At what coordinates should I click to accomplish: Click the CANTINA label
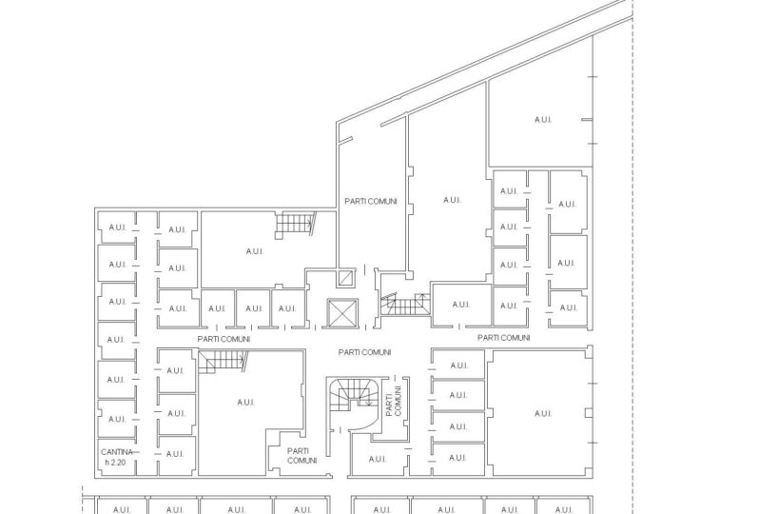coord(117,452)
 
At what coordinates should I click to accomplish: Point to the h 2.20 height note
coord(116,463)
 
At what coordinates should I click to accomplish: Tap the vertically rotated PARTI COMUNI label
coord(394,401)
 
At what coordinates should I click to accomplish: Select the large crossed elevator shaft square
coord(342,313)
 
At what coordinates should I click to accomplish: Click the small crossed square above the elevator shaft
coord(346,278)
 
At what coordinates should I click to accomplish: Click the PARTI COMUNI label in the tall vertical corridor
coord(371,201)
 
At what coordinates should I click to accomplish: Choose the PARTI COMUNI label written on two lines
coord(301,456)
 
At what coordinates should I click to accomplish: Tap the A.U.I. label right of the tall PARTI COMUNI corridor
coord(452,200)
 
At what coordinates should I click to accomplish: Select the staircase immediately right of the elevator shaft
coord(405,304)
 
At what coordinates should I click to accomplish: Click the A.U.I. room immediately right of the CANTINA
coord(176,454)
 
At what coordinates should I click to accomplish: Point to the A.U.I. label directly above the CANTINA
coord(117,419)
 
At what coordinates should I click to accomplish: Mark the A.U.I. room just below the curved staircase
coord(378,460)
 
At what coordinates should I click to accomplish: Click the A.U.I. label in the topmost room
coord(543,120)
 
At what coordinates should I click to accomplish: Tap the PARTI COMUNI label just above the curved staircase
coord(365,352)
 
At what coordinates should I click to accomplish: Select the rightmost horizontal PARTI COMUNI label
coord(504,338)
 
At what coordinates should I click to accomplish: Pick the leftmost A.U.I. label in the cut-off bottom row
coord(122,509)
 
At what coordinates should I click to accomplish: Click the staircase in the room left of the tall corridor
coord(296,225)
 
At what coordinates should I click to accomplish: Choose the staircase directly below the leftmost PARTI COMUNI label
coord(223,362)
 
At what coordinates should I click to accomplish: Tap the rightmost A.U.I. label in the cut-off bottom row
coord(564,509)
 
